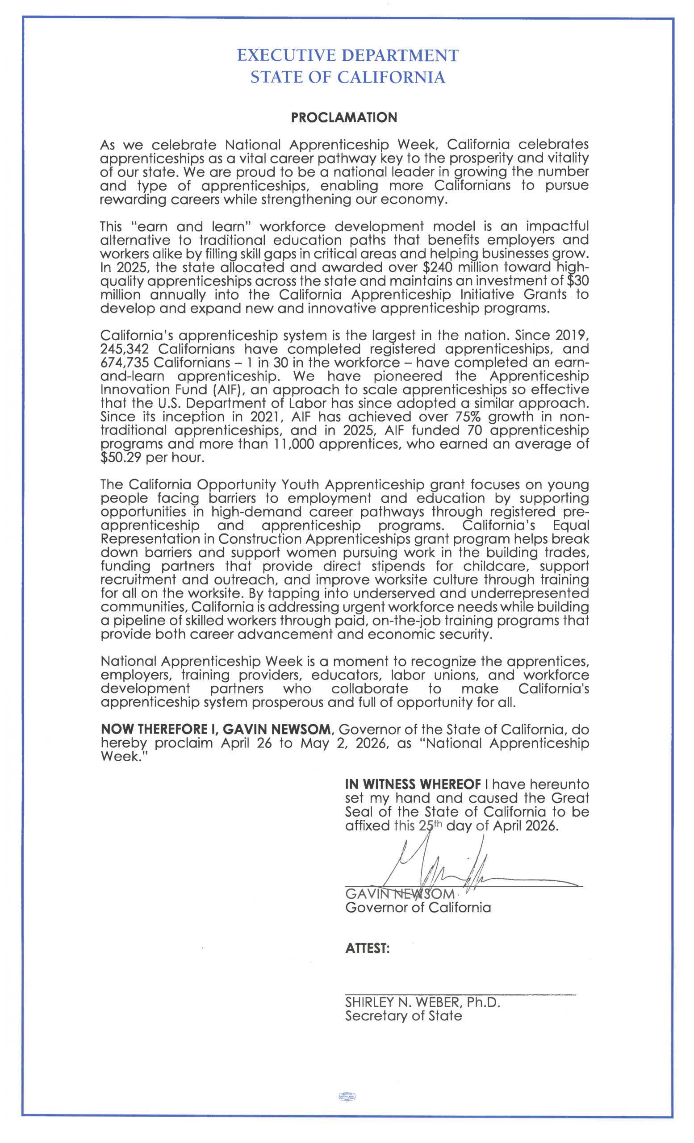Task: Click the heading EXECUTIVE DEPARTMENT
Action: pos(347,56)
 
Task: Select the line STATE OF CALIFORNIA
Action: pos(347,77)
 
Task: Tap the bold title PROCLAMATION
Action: pos(344,117)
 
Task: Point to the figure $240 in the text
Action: pos(439,267)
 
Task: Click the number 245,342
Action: pos(124,349)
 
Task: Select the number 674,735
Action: pos(124,362)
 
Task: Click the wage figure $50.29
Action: pos(120,458)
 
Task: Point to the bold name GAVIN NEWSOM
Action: pos(277,730)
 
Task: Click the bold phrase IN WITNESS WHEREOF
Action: pos(412,784)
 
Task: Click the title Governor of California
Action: pos(418,908)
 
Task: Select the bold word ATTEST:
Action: pos(367,949)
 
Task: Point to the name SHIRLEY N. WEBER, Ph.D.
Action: pos(422,1002)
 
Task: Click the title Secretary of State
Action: pos(403,1016)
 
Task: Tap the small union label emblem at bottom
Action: pos(347,1097)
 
